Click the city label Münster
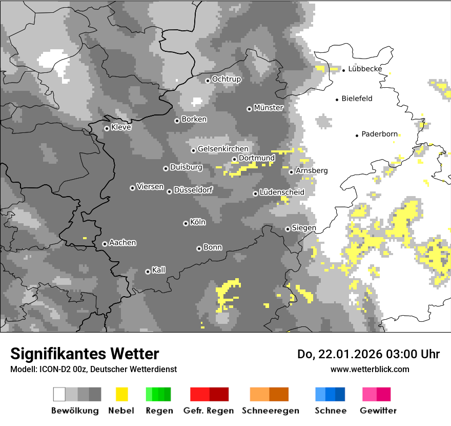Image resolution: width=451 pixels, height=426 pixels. click(268, 108)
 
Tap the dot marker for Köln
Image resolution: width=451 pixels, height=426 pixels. click(186, 223)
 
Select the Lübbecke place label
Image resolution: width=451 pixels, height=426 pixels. click(365, 69)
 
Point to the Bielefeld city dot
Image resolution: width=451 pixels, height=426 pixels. click(337, 100)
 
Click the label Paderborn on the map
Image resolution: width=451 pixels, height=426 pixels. click(379, 134)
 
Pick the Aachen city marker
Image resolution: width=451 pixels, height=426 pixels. click(105, 244)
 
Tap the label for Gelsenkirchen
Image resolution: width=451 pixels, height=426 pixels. click(223, 149)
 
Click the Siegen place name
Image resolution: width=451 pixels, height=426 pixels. click(304, 228)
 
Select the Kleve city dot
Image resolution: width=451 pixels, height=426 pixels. click(107, 128)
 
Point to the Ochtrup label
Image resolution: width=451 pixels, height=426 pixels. click(226, 79)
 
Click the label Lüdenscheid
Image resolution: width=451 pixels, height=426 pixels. click(282, 192)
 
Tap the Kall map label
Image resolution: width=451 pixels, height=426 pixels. click(159, 270)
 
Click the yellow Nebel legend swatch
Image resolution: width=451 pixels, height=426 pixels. click(121, 394)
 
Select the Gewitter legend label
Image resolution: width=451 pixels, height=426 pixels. click(378, 411)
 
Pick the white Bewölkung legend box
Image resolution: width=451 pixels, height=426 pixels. click(59, 394)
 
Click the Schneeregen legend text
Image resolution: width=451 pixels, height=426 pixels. click(270, 411)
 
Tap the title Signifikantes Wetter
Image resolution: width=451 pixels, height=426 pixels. click(85, 354)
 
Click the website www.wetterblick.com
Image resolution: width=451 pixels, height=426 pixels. click(370, 369)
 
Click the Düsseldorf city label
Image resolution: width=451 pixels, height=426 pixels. click(193, 190)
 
